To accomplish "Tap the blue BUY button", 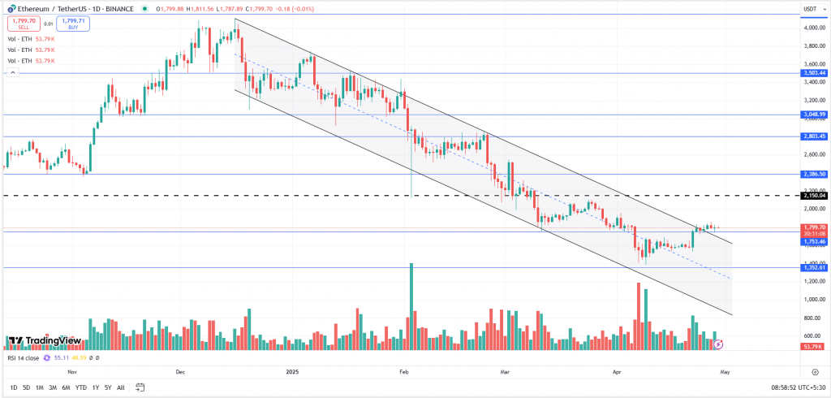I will pyautogui.click(x=72, y=24).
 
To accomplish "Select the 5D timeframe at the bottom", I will pyautogui.click(x=27, y=387).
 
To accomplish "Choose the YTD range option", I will pyautogui.click(x=80, y=387).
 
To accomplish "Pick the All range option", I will pyautogui.click(x=121, y=387).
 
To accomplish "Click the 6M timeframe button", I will pyautogui.click(x=66, y=387).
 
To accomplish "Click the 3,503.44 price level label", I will pyautogui.click(x=814, y=73).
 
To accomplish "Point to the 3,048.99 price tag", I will pyautogui.click(x=814, y=115).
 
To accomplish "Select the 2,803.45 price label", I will pyautogui.click(x=814, y=136).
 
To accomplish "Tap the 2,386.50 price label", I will pyautogui.click(x=814, y=174).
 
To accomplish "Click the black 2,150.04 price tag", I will pyautogui.click(x=814, y=196).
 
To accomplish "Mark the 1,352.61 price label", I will pyautogui.click(x=814, y=267).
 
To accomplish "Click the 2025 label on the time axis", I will pyautogui.click(x=293, y=371).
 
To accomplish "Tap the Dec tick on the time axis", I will pyautogui.click(x=180, y=371).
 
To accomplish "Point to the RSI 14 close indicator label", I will pyautogui.click(x=23, y=357).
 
